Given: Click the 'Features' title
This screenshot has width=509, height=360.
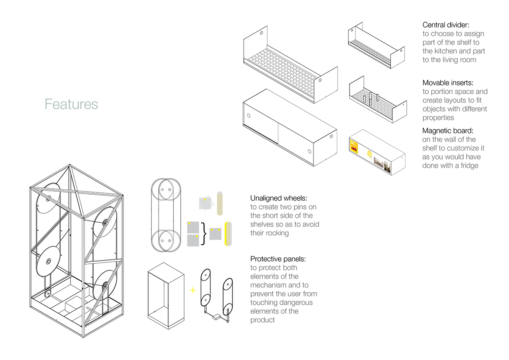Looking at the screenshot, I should click(71, 104).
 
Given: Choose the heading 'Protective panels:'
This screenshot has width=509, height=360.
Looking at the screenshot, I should click(278, 259).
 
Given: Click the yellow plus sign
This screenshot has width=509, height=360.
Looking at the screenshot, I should click(193, 290).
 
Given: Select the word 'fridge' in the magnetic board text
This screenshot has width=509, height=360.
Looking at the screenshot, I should click(467, 165).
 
